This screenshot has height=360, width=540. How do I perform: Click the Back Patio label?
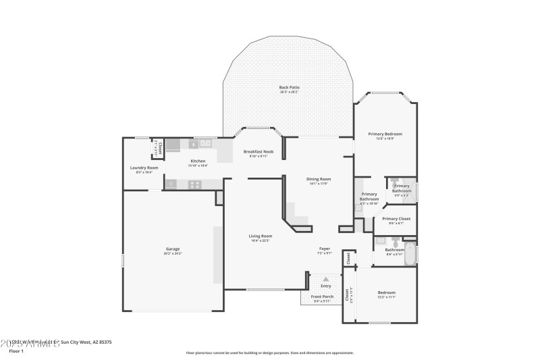pos(289,87)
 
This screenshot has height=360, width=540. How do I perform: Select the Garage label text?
pos(173,249)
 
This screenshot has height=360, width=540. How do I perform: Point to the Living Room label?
pos(260,236)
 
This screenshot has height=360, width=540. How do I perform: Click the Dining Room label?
pos(318,179)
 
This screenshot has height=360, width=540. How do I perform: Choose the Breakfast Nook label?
pos(259,152)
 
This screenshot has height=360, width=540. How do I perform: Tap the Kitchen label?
pos(198,161)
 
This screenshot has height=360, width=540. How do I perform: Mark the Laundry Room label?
pos(144,168)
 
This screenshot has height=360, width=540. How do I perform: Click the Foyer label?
pos(325,249)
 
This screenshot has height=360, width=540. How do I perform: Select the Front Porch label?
pos(323,297)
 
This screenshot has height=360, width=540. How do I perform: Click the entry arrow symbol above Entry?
pos(326,278)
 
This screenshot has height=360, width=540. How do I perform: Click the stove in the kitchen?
pos(194,184)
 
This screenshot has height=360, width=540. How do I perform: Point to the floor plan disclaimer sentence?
pos(269,353)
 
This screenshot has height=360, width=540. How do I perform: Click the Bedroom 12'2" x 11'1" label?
pos(386,292)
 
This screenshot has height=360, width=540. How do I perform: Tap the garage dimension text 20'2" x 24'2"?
pos(173,253)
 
